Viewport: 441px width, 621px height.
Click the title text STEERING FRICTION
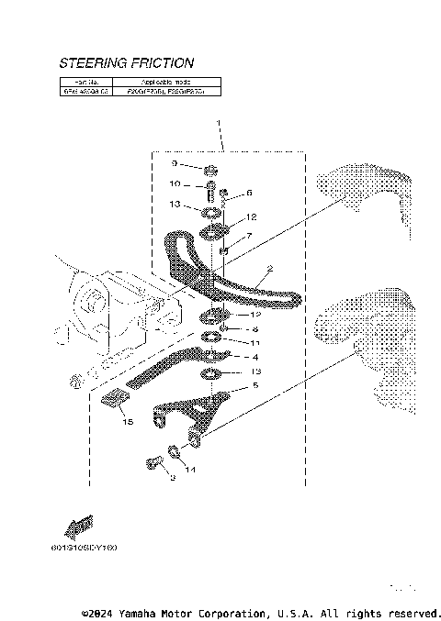(x=126, y=63)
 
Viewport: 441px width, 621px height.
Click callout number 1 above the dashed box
(x=219, y=122)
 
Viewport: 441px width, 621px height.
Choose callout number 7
(x=248, y=236)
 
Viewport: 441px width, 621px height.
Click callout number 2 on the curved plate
(x=269, y=270)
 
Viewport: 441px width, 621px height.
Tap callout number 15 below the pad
(x=128, y=422)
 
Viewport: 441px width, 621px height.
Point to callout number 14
(x=190, y=470)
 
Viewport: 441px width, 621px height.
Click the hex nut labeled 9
(x=210, y=169)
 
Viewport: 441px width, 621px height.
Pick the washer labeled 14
(x=172, y=453)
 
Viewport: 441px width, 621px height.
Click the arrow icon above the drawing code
(x=79, y=527)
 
